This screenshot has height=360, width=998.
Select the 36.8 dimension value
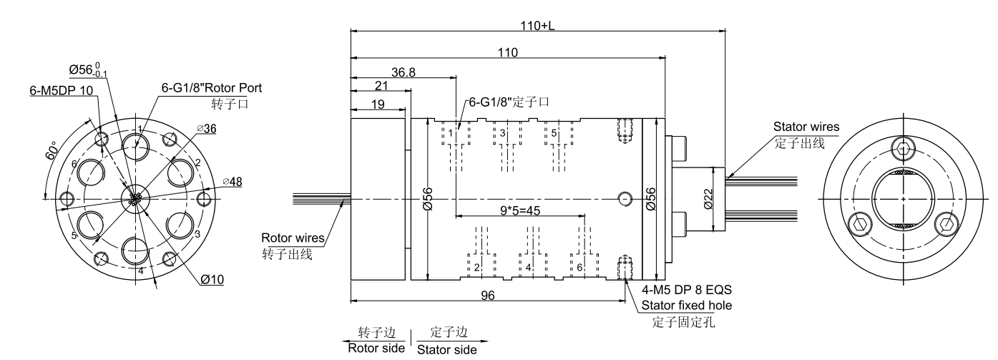[x=403, y=72]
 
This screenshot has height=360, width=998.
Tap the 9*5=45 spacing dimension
[x=521, y=211]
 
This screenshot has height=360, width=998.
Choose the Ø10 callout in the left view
[x=212, y=279]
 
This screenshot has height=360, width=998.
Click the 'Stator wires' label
[x=806, y=127]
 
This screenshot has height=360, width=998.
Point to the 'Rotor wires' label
[x=293, y=238]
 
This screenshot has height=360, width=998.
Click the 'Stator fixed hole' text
[x=684, y=306]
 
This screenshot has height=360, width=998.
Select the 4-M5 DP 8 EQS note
[x=687, y=291]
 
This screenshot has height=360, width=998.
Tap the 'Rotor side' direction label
[x=376, y=349]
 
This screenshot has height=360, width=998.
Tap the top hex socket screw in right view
[x=904, y=150]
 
